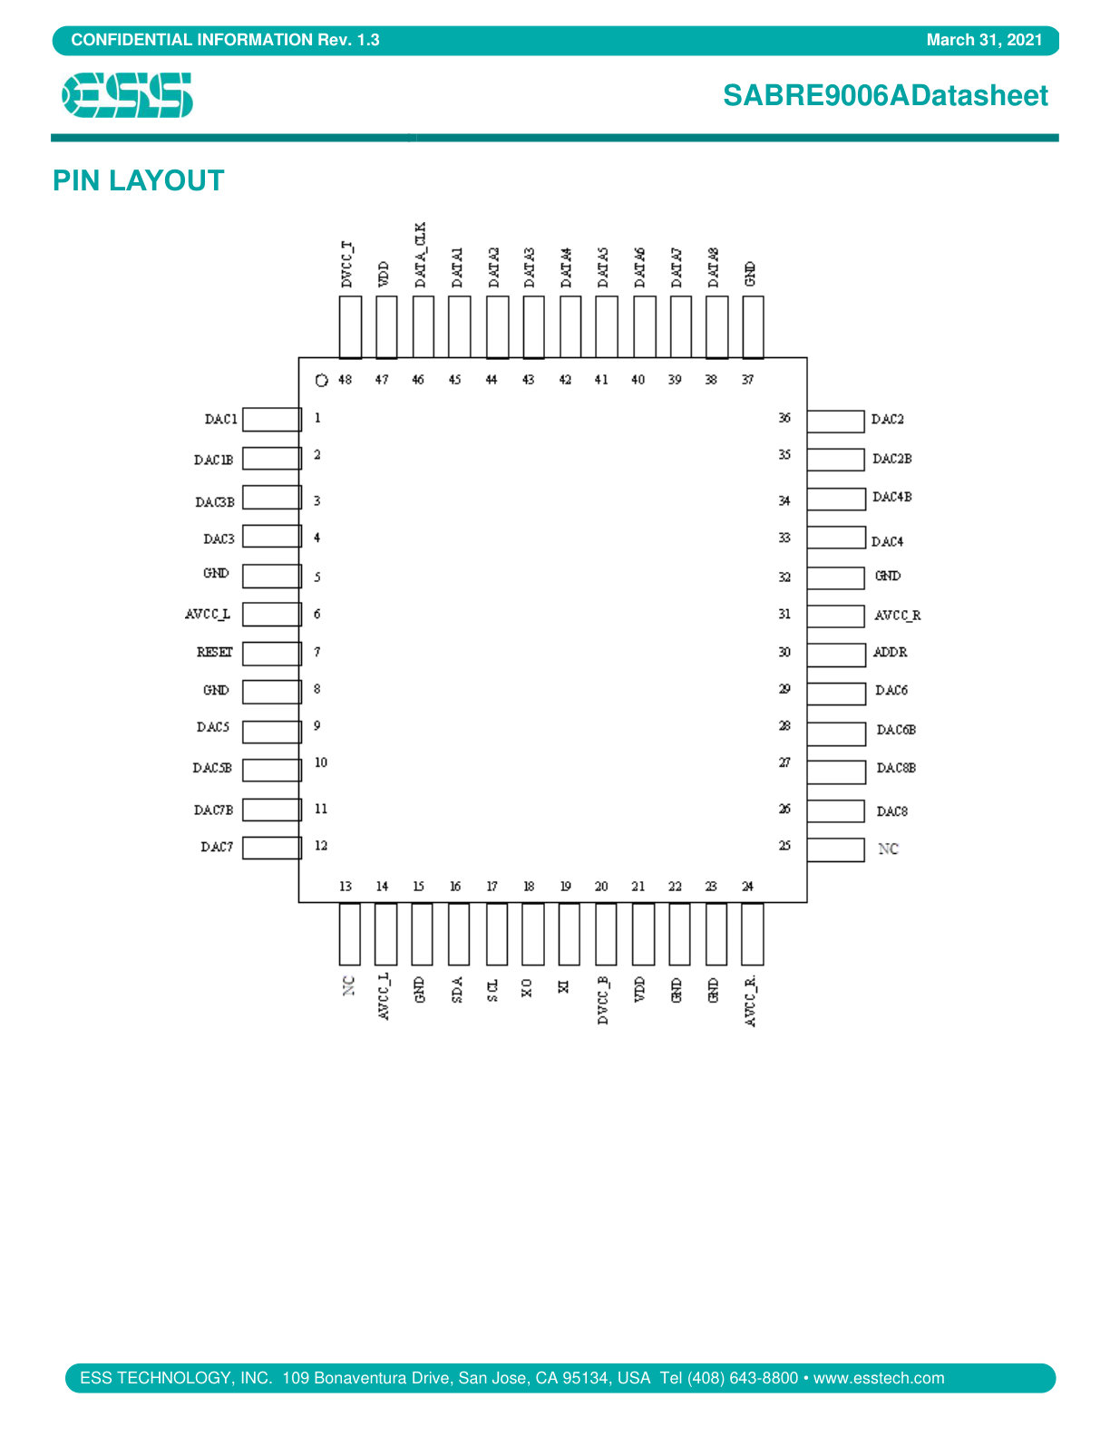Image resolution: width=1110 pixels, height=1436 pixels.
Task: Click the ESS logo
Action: pos(127,95)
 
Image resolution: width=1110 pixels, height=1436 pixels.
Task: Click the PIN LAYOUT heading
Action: pos(138,180)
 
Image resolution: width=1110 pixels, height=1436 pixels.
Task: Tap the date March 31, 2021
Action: pos(984,40)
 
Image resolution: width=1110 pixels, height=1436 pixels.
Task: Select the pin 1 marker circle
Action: pos(322,380)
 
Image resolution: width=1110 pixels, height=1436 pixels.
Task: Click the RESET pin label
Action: pos(214,652)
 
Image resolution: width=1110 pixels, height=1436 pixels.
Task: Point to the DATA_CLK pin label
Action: pos(421,255)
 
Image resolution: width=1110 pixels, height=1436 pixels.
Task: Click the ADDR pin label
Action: pos(890,652)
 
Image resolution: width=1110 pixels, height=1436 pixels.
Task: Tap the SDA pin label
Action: pos(456,989)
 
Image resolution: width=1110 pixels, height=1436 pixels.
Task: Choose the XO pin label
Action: pos(526,988)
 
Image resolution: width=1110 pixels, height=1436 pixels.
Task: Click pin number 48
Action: pos(346,380)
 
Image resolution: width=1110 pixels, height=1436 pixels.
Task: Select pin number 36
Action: pos(784,418)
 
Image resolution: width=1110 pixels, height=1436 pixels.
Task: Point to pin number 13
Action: pos(346,887)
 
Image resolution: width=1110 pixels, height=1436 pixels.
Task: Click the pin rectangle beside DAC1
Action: pos(272,420)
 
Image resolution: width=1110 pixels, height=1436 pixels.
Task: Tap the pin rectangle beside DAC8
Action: pos(835,810)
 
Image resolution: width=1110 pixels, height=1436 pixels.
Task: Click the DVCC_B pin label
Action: pos(602,1001)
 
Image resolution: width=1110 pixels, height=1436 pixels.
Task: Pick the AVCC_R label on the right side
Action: pos(897,616)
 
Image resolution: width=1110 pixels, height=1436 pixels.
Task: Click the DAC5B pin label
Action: pos(212,768)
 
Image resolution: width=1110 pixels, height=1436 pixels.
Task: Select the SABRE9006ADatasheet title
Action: pos(885,96)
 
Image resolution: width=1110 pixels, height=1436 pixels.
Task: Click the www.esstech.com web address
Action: pos(879,1378)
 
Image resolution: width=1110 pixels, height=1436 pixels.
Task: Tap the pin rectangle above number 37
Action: pos(753,327)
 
